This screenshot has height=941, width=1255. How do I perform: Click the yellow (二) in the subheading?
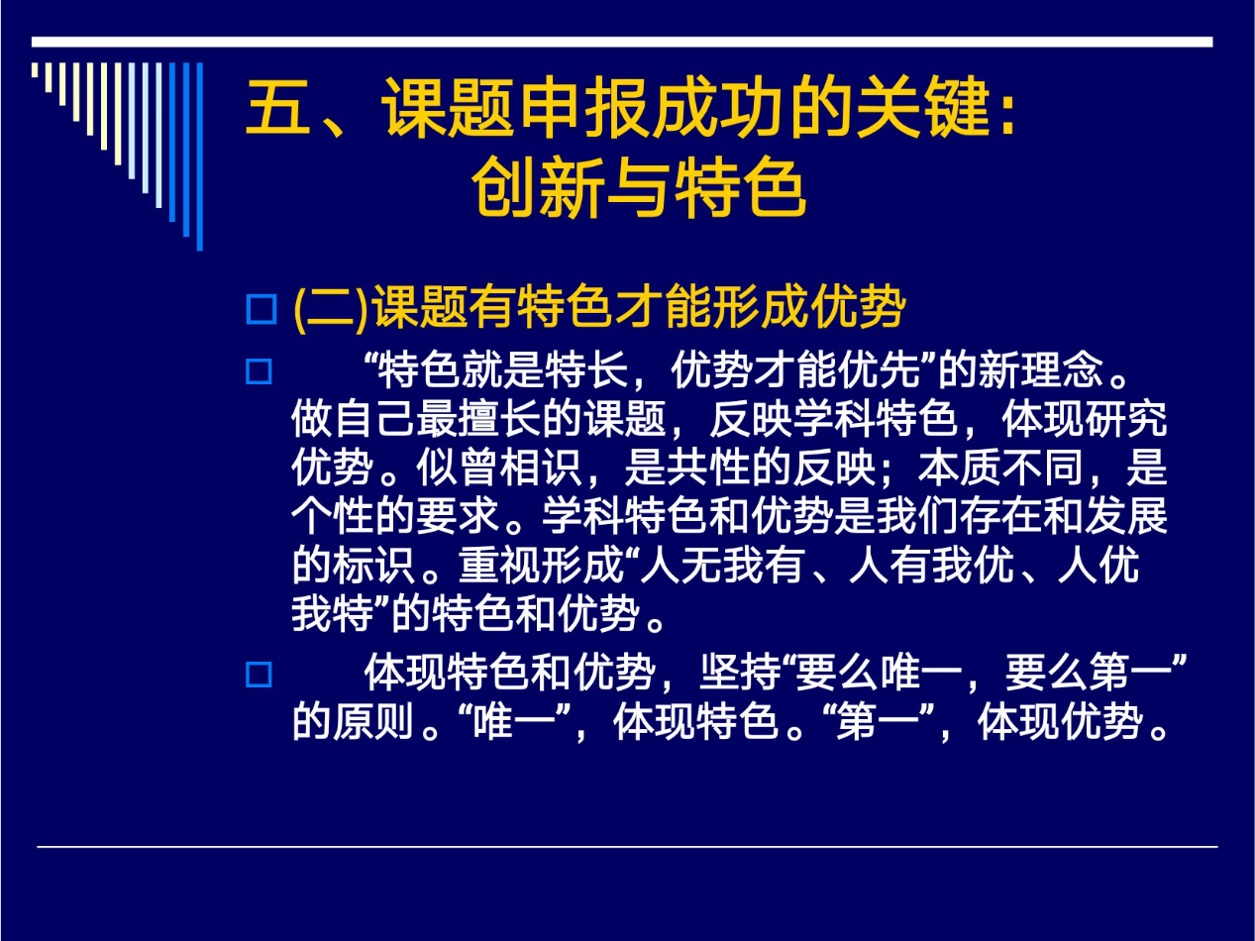coord(331,308)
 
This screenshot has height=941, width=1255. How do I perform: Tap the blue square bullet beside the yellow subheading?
coord(261,309)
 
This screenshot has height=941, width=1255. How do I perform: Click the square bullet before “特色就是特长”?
coord(259,371)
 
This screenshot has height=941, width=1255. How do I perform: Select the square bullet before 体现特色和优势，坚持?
coord(259,675)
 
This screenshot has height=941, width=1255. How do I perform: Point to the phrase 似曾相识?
coord(499,468)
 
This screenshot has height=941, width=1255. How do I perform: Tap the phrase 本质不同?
coord(1001,468)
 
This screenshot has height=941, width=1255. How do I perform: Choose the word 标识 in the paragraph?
coord(374,565)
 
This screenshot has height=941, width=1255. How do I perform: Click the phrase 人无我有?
coord(723,565)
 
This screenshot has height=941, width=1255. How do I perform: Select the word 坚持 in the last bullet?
coord(742,673)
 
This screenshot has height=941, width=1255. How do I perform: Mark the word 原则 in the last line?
coord(374,721)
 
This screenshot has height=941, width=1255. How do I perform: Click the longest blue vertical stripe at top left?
coord(199,157)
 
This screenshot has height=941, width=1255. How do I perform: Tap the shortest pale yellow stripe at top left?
coord(35,69)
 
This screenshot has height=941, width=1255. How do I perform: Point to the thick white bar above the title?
coord(622,43)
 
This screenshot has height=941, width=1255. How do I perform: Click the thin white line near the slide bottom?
coord(628,847)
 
